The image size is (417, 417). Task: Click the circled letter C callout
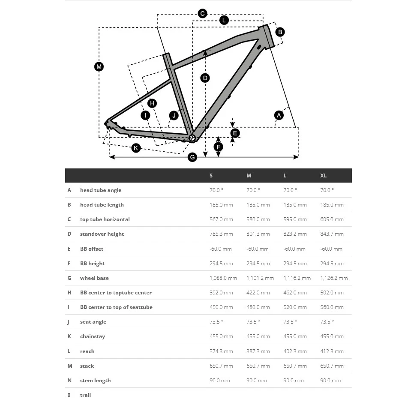pos(203,14)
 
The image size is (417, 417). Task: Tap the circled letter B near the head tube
pos(280,32)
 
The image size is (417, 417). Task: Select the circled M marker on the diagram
pos(99,66)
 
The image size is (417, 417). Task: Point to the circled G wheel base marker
pos(192,157)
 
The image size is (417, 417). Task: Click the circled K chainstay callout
pos(136,148)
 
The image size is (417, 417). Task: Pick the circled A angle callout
pos(279,115)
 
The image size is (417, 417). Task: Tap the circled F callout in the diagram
pos(218,147)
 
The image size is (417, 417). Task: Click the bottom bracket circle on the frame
pos(192,138)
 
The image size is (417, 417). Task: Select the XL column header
pos(323,176)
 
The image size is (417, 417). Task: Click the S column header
pos(211,176)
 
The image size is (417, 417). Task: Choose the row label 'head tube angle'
pos(101,190)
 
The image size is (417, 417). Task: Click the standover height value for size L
pos(295,234)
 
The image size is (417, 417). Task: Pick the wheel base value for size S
pos(223,278)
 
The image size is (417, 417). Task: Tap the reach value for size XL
pos(332,351)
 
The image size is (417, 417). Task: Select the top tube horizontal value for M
pos(258,219)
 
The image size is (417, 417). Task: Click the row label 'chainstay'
pos(93,336)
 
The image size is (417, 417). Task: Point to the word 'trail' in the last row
pos(85,395)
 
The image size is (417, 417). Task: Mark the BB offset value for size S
pos(220,249)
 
